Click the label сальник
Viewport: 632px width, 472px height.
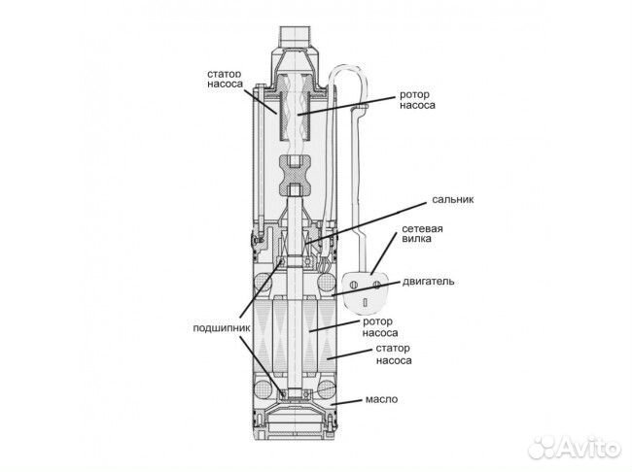pos(453,199)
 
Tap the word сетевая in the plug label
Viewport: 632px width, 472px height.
pos(422,229)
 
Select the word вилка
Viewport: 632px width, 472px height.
pos(417,238)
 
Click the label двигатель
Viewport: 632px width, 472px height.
pos(429,281)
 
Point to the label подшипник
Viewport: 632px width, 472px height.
pos(222,328)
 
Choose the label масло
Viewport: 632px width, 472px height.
pos(381,399)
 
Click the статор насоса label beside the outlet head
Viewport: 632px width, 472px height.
pos(225,79)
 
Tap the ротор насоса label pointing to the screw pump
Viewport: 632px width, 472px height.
pos(417,100)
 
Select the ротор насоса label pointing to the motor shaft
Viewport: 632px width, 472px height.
pos(380,327)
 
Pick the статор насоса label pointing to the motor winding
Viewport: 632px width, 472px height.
pos(394,354)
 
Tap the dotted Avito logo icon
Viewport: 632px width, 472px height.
pos(543,447)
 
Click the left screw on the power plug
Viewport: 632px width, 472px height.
pos(355,285)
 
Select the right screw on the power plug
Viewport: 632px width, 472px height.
pos(377,285)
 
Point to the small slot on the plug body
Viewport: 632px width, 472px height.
pos(366,302)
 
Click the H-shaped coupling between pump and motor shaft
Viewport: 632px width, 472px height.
pos(296,175)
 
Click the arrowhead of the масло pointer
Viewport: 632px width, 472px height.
pos(332,403)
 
